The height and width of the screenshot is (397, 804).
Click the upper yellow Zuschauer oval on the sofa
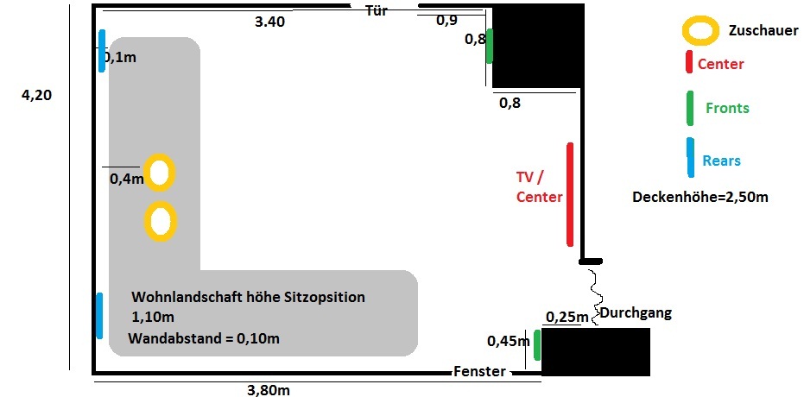click(x=160, y=173)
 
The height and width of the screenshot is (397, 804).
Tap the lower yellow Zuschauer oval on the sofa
click(x=160, y=221)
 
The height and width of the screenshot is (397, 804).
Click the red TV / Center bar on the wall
click(x=570, y=194)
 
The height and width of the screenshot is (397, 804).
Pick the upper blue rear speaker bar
click(x=102, y=51)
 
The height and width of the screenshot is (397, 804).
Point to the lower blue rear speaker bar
click(x=99, y=315)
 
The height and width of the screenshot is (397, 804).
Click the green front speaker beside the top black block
click(x=489, y=46)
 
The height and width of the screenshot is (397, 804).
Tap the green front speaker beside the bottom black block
click(x=536, y=345)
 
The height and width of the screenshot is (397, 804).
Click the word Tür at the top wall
click(x=376, y=10)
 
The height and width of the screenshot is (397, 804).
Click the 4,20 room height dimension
click(x=36, y=96)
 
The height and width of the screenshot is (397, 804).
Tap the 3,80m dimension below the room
click(x=268, y=389)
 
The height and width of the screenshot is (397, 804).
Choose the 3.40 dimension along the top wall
click(x=269, y=22)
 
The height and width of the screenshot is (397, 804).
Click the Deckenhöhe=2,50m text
click(x=700, y=197)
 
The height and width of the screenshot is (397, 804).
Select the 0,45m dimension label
click(x=509, y=341)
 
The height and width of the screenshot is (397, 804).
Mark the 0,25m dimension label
click(x=567, y=317)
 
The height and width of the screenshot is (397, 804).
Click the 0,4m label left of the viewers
click(x=126, y=179)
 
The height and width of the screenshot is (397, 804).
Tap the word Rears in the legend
click(x=721, y=161)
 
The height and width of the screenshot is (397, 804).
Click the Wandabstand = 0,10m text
click(x=204, y=337)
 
